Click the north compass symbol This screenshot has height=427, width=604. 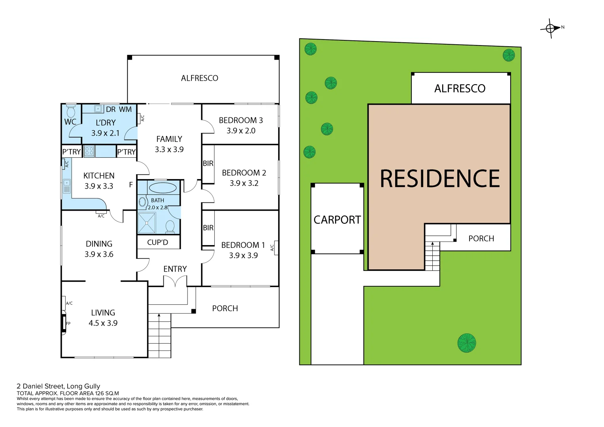551,28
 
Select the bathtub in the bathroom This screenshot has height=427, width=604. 162,187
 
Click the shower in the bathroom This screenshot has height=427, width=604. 147,223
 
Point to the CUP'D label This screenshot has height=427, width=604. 157,242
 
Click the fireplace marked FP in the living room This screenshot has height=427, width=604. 64,323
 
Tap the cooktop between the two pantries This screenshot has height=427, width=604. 89,151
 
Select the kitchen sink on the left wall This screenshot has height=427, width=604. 66,185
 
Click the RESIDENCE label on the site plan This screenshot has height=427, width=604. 439,179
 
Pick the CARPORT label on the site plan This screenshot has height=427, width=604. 337,220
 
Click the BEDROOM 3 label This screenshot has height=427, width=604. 240,120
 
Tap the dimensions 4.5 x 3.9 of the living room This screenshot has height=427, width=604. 103,323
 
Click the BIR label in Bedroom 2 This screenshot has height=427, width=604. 208,163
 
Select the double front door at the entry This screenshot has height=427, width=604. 175,281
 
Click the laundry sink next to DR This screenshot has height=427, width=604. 98,109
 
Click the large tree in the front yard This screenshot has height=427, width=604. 466,342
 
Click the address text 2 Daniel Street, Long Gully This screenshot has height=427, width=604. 58,386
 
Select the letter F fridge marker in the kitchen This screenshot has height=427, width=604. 131,185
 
